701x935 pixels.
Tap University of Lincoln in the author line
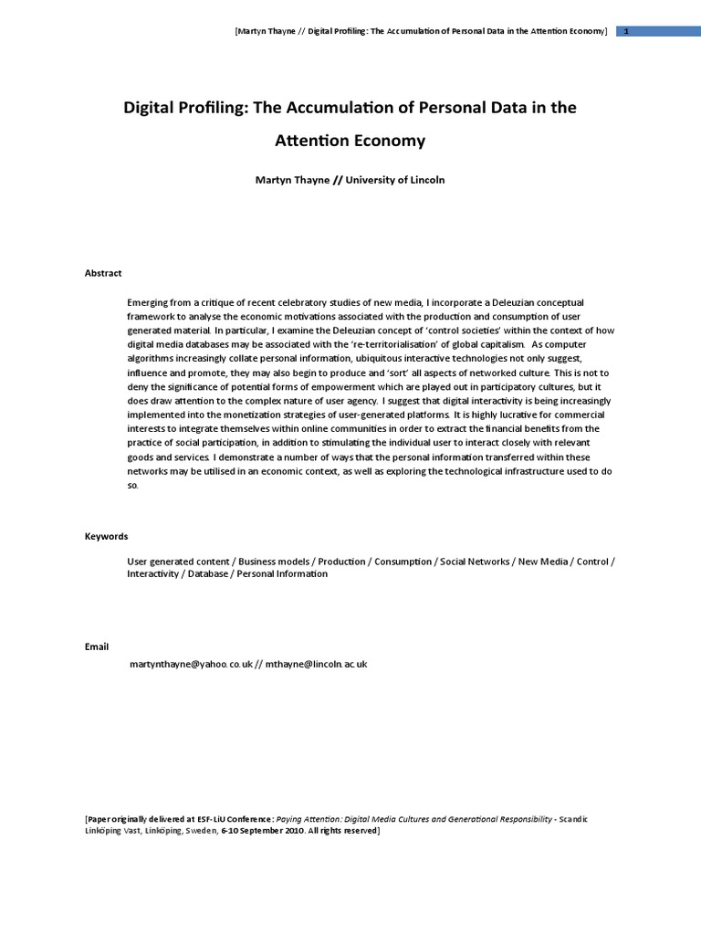point(395,180)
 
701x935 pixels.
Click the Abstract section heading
point(103,273)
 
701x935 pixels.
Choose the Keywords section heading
point(106,536)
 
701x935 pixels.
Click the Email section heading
point(97,646)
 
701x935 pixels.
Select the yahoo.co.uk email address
point(192,665)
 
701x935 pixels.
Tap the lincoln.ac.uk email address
point(316,665)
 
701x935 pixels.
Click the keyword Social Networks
point(475,562)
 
